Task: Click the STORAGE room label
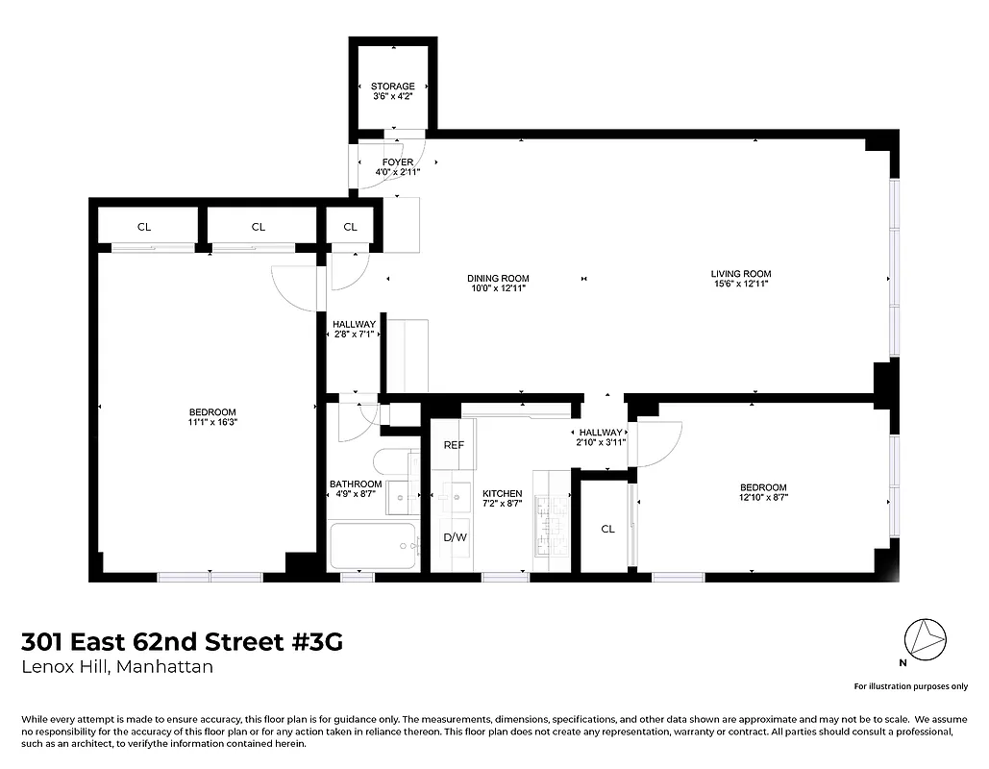coord(392,87)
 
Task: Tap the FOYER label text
coord(397,162)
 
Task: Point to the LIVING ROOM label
coord(741,274)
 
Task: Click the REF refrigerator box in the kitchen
coord(454,446)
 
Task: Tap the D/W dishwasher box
coord(454,537)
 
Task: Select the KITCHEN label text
coord(502,494)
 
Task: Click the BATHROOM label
coord(356,484)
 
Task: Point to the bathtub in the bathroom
coord(373,545)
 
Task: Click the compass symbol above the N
coord(927,638)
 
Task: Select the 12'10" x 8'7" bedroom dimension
coord(763,498)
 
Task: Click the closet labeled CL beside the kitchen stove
coord(607,529)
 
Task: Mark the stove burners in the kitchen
coord(553,526)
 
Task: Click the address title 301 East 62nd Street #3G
coord(182,641)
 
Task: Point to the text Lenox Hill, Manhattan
coord(117,667)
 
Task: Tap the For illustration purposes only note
coord(910,686)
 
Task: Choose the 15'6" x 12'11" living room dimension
coord(741,285)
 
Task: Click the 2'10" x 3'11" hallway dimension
coord(600,443)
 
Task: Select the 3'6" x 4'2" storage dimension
coord(392,97)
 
